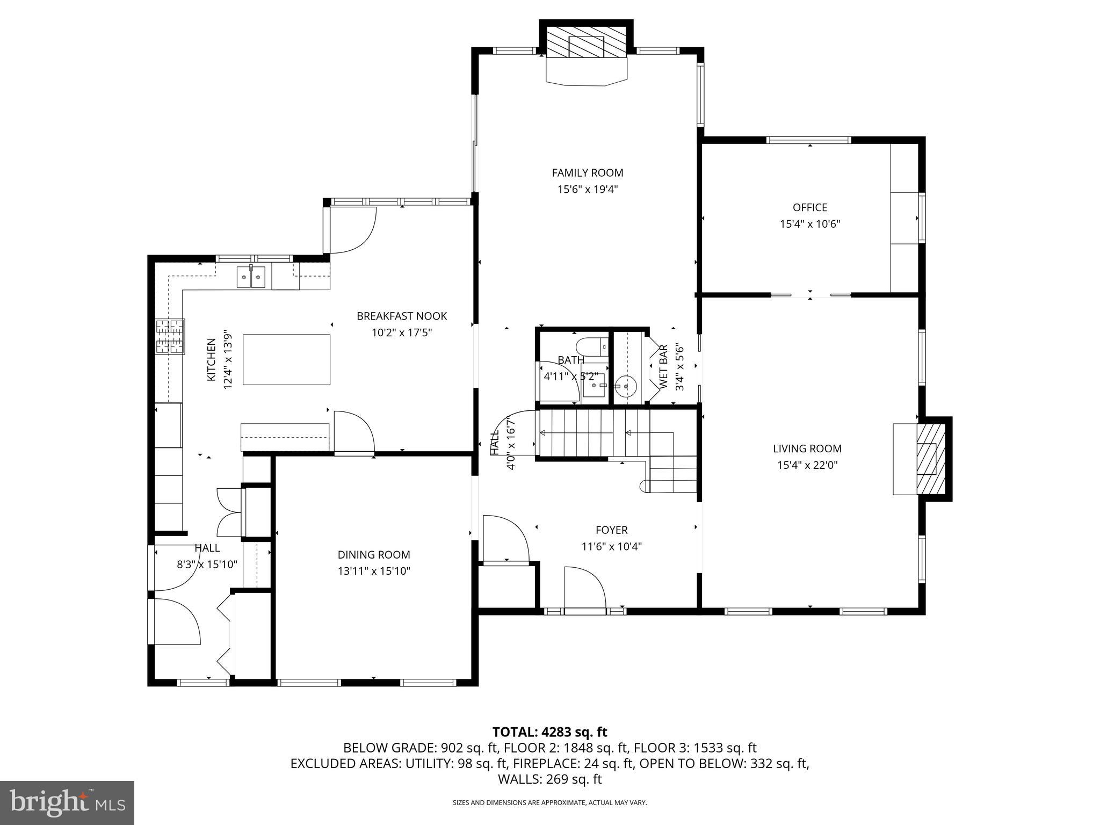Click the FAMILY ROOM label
587,172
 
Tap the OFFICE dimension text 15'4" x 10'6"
809,224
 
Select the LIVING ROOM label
807,448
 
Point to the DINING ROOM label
373,554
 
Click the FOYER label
611,530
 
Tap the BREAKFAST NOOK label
401,316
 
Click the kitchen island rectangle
286,359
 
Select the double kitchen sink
251,277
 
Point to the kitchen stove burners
170,336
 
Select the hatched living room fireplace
930,458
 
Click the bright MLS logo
67,802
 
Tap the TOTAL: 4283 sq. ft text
549,732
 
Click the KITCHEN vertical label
212,359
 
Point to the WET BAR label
663,367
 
